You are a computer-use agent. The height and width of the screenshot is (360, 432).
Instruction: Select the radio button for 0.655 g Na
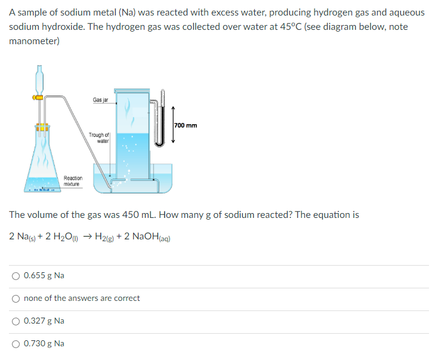pos(16,275)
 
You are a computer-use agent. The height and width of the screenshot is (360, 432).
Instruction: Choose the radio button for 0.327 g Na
pos(16,321)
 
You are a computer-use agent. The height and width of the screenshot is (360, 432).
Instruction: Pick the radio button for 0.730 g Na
pos(16,343)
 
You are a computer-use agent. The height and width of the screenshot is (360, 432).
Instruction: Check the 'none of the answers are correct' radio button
pos(16,298)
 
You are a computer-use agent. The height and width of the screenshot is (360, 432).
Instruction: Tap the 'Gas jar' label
pos(100,100)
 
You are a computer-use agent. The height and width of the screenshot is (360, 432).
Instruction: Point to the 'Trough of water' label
pos(99,139)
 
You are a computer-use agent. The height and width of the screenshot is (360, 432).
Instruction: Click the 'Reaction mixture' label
pos(73,181)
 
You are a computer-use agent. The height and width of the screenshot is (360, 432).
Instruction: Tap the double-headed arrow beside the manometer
pos(174,125)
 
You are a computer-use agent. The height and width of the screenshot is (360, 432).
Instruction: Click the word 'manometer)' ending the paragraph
pos(35,41)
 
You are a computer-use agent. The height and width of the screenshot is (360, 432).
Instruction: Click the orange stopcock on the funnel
pos(38,96)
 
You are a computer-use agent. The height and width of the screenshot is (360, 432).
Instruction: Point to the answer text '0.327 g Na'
pos(44,321)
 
